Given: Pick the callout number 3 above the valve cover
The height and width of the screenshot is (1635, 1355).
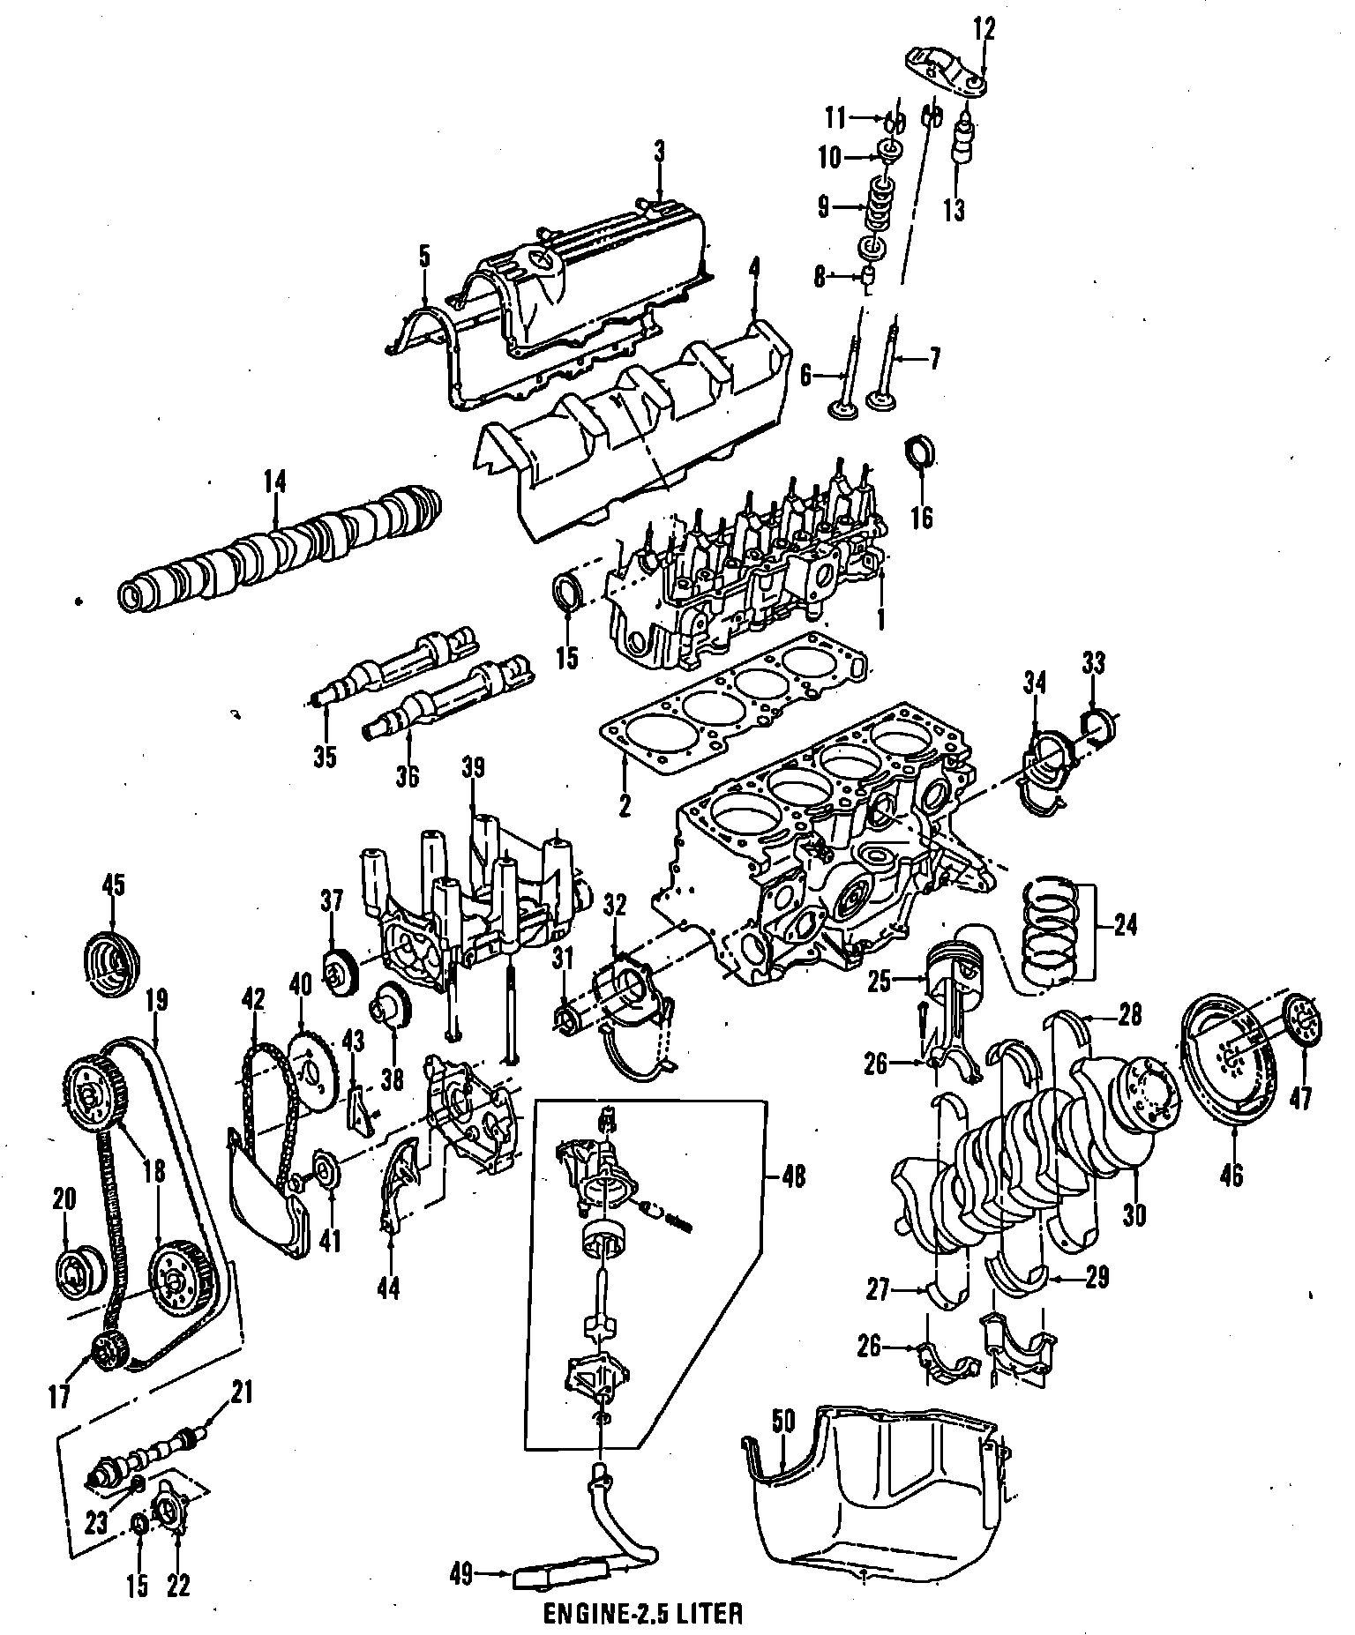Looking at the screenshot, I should click(659, 153).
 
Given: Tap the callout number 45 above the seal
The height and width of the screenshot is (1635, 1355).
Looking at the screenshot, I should click(114, 885).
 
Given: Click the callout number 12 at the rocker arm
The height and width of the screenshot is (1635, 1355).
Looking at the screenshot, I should click(984, 30).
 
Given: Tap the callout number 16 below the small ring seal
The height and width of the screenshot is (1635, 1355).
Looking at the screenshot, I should click(921, 516).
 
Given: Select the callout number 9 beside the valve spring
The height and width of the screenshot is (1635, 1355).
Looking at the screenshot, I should click(824, 207).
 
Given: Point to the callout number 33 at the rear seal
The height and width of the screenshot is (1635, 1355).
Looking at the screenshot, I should click(1092, 663).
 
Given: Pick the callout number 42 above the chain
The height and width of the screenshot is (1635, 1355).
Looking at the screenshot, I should click(253, 1001).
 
